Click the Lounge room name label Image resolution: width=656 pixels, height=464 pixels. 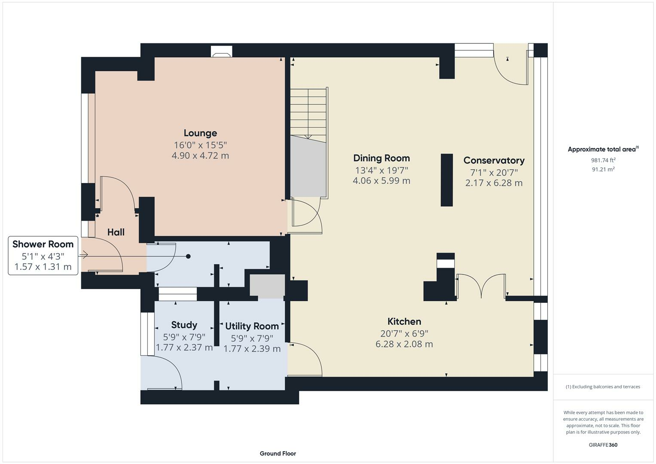click(200, 133)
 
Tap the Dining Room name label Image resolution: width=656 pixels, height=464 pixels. click(381, 158)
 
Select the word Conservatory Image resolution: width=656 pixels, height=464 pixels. click(494, 161)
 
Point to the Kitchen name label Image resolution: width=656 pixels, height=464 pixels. click(404, 321)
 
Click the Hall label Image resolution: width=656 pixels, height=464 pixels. click(116, 232)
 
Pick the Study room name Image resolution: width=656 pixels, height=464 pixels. click(184, 325)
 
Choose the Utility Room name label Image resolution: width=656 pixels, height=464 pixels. click(252, 326)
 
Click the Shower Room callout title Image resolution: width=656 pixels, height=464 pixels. click(43, 244)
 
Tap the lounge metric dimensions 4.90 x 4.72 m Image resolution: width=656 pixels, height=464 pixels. click(200, 156)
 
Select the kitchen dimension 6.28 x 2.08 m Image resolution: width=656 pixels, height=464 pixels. click(404, 344)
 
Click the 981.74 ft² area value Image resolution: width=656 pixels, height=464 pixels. click(603, 160)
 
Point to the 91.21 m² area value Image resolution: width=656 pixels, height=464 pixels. click(603, 169)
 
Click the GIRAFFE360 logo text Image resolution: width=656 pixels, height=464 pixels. click(603, 445)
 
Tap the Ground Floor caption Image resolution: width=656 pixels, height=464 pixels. click(278, 453)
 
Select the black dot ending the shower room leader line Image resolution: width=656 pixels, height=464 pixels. click(188, 256)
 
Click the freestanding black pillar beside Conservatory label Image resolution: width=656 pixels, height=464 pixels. click(447, 180)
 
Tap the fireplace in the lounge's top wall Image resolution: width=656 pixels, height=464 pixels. click(221, 52)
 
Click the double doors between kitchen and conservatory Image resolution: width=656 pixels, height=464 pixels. click(481, 286)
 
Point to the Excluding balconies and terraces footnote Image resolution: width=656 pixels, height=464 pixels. click(603, 387)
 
